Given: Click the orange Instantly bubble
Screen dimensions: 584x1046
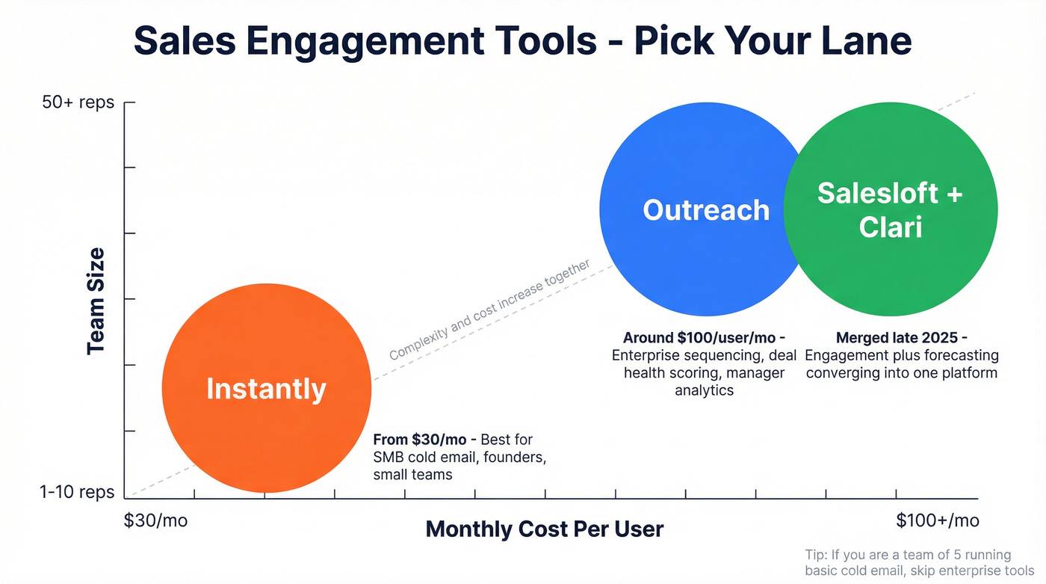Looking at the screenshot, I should tap(266, 388).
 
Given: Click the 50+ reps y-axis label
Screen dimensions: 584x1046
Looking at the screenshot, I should tap(78, 102).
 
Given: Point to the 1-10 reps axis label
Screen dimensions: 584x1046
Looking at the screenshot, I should tap(78, 492).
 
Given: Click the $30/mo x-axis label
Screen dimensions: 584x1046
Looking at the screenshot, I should tap(155, 520).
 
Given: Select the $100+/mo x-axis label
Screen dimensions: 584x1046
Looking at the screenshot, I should tap(937, 520).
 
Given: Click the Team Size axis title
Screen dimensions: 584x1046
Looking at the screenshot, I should tap(96, 302).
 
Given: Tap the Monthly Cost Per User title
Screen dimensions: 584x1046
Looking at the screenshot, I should tap(544, 529).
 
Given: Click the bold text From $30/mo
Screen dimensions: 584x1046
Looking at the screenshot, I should tap(422, 439).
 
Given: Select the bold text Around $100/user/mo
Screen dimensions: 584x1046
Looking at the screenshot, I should tap(703, 338).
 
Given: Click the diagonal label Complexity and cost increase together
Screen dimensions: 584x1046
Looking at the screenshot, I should tap(489, 310).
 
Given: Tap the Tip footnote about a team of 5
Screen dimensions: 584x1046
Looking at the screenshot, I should tap(909, 562).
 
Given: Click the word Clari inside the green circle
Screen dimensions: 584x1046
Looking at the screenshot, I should tap(890, 227).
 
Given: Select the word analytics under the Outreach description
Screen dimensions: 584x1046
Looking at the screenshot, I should tap(704, 390).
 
